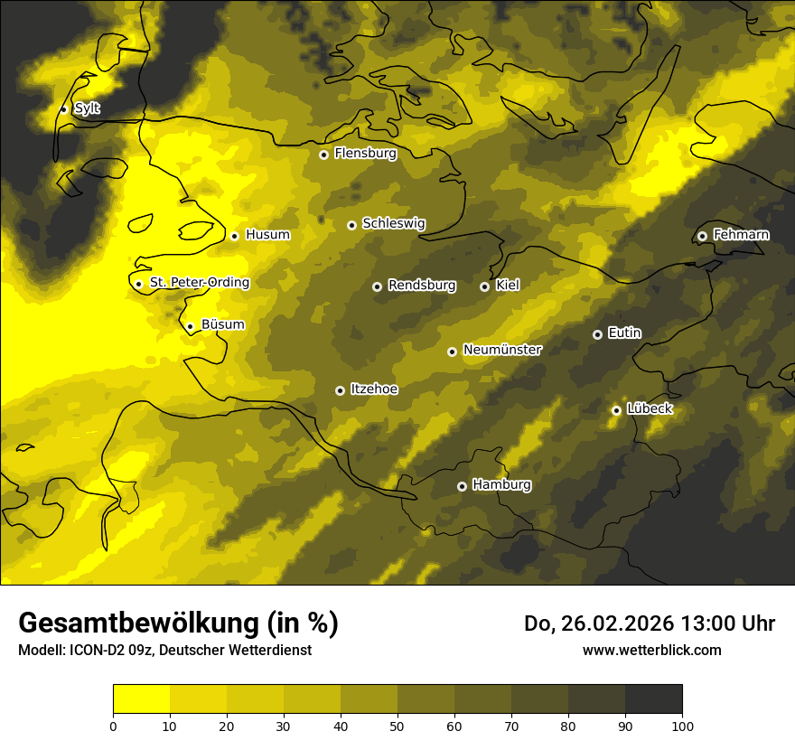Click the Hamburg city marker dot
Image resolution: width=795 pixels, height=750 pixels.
click(x=462, y=486)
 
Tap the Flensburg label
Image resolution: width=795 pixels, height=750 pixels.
click(x=365, y=154)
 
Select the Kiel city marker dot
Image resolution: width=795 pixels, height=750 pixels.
click(x=484, y=286)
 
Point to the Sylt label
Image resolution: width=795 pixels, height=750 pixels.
click(x=87, y=108)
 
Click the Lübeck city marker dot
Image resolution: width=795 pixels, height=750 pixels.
click(x=616, y=410)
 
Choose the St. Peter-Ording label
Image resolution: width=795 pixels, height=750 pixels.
click(x=199, y=283)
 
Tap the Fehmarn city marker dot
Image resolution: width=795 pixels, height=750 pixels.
click(x=702, y=236)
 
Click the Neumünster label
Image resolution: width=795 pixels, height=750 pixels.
click(x=501, y=350)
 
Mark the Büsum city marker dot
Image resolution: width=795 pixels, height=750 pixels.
click(x=190, y=327)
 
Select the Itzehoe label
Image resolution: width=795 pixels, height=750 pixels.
click(x=373, y=389)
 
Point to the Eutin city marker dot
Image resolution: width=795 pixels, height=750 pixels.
click(x=597, y=334)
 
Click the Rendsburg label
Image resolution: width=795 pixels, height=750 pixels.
click(x=421, y=286)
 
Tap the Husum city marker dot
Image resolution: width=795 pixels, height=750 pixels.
click(x=234, y=236)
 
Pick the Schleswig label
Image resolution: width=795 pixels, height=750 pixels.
click(x=393, y=224)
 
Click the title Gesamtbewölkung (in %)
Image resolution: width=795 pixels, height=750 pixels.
click(x=178, y=623)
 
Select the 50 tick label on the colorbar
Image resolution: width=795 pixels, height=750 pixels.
click(x=397, y=726)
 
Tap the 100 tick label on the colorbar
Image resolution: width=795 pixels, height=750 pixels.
click(x=682, y=726)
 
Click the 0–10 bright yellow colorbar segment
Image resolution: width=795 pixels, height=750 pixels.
click(x=141, y=699)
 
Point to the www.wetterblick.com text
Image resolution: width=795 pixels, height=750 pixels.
click(x=651, y=651)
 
